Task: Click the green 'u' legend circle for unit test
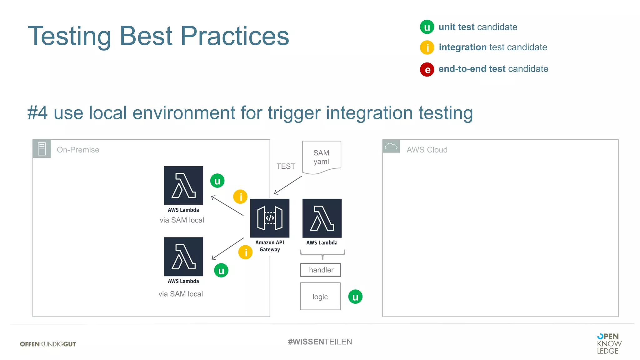[427, 27]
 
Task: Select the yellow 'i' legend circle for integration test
[427, 47]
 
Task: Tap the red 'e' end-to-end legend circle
[427, 69]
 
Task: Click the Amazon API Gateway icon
[270, 218]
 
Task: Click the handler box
[321, 270]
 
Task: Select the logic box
[320, 297]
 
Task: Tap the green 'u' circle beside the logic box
[355, 297]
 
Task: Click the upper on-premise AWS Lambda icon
[183, 186]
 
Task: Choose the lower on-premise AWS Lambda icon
[183, 257]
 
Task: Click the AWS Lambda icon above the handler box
[322, 218]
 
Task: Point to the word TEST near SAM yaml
[286, 166]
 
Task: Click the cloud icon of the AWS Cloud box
[391, 146]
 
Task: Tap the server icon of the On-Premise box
[42, 149]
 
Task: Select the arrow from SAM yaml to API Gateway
[288, 185]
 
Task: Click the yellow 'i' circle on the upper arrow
[240, 197]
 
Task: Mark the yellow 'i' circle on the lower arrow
[245, 252]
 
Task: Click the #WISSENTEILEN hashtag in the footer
[320, 342]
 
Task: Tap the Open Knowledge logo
[609, 343]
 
